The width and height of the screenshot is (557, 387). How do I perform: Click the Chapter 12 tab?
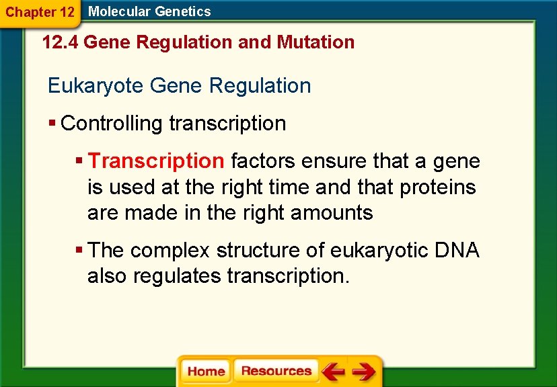coord(40,12)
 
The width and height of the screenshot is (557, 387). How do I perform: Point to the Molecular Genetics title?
coord(149,11)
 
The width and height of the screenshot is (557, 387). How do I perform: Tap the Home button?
coord(206,372)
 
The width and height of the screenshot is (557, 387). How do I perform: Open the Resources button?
coord(276,371)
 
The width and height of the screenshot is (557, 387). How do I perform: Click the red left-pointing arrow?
coord(333,372)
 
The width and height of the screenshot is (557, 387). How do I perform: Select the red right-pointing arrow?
coord(363,372)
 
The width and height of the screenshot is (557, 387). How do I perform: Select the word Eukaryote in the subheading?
coord(96,86)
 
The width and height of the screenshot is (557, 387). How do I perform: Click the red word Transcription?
coord(156,161)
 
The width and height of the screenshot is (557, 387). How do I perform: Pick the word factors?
coord(263,161)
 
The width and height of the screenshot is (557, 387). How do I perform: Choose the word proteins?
coord(438,187)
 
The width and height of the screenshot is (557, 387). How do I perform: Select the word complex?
coord(170,251)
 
